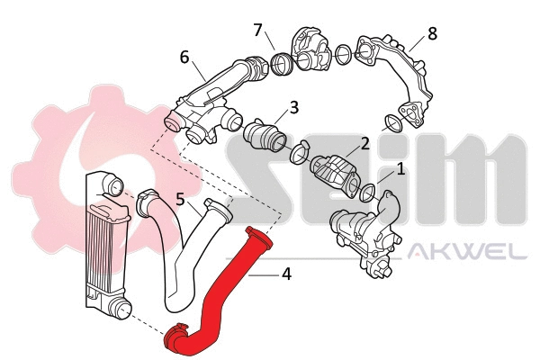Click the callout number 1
(x=401, y=167)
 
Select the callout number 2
(x=365, y=143)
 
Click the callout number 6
(x=184, y=57)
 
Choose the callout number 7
(x=257, y=31)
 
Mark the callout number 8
(x=432, y=34)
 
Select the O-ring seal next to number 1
(x=368, y=193)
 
